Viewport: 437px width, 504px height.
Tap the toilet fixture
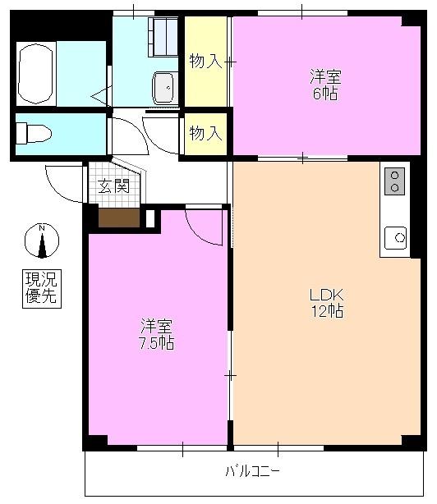(34, 132)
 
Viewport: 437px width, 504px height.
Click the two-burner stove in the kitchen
(395, 181)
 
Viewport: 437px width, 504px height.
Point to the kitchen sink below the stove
(395, 237)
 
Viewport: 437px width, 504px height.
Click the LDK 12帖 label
(325, 303)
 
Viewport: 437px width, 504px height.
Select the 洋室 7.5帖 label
(155, 333)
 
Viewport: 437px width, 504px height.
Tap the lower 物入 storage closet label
(205, 132)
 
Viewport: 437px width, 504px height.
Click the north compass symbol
(42, 240)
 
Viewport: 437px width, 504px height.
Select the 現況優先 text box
(41, 288)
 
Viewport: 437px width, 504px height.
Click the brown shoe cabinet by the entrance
(119, 218)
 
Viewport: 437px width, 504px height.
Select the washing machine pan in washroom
(163, 35)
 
